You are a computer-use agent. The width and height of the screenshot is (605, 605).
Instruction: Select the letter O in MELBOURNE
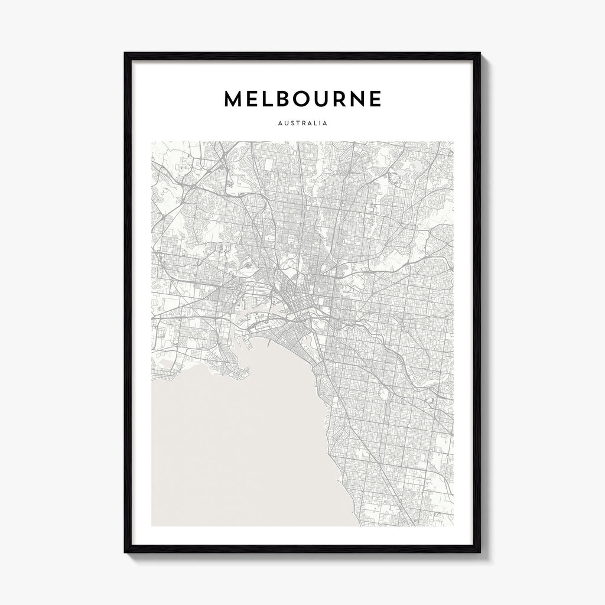(x=305, y=99)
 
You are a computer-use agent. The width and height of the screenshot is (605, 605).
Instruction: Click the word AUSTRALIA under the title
(x=302, y=124)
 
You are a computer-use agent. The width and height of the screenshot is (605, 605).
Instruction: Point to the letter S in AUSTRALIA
(x=290, y=124)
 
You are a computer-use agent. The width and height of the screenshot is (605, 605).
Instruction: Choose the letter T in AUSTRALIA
(x=295, y=124)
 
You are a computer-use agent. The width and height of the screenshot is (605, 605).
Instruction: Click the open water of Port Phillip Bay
(x=236, y=449)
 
